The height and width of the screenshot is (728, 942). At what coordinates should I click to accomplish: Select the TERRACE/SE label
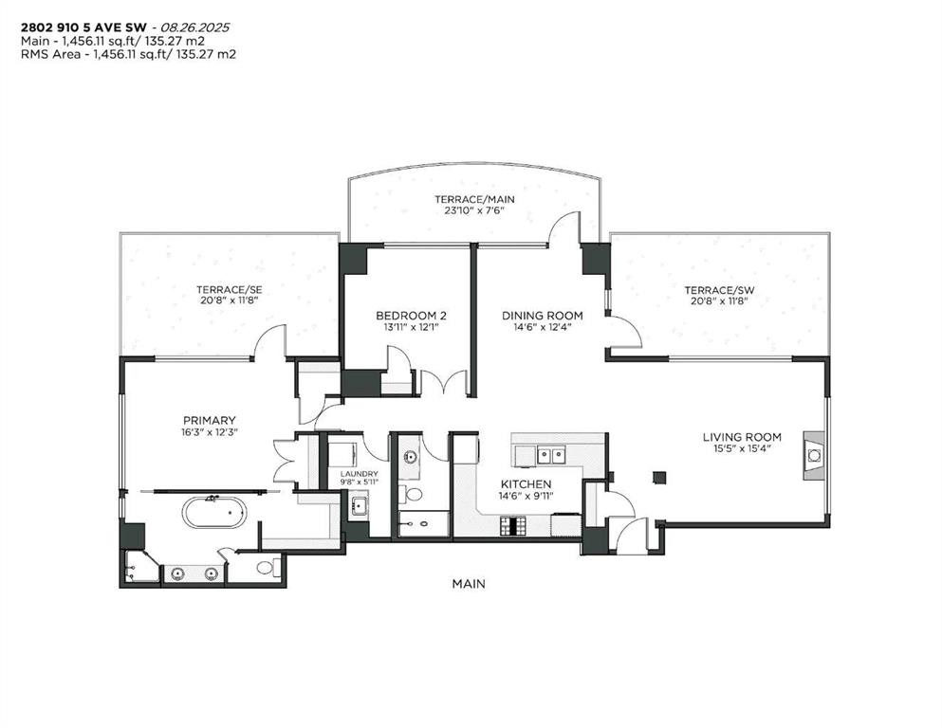tap(228, 289)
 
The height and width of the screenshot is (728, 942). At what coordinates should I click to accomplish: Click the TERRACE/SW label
tap(717, 289)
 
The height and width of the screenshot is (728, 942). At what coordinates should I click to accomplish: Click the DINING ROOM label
tap(543, 316)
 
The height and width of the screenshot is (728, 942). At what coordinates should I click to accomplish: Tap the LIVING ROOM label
tap(742, 437)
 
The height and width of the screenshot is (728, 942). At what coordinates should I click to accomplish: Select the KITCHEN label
tap(526, 483)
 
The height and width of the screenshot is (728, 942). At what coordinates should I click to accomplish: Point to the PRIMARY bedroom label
tap(209, 420)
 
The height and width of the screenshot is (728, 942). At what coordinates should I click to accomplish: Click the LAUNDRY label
tap(360, 474)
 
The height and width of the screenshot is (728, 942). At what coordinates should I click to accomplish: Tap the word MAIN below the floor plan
tap(469, 584)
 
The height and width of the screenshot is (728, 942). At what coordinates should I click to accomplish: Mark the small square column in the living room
tap(660, 476)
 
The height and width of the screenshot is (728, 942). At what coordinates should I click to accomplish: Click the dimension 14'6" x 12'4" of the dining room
tap(543, 328)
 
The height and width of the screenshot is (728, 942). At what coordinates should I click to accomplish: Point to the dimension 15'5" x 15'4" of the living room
tap(742, 449)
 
